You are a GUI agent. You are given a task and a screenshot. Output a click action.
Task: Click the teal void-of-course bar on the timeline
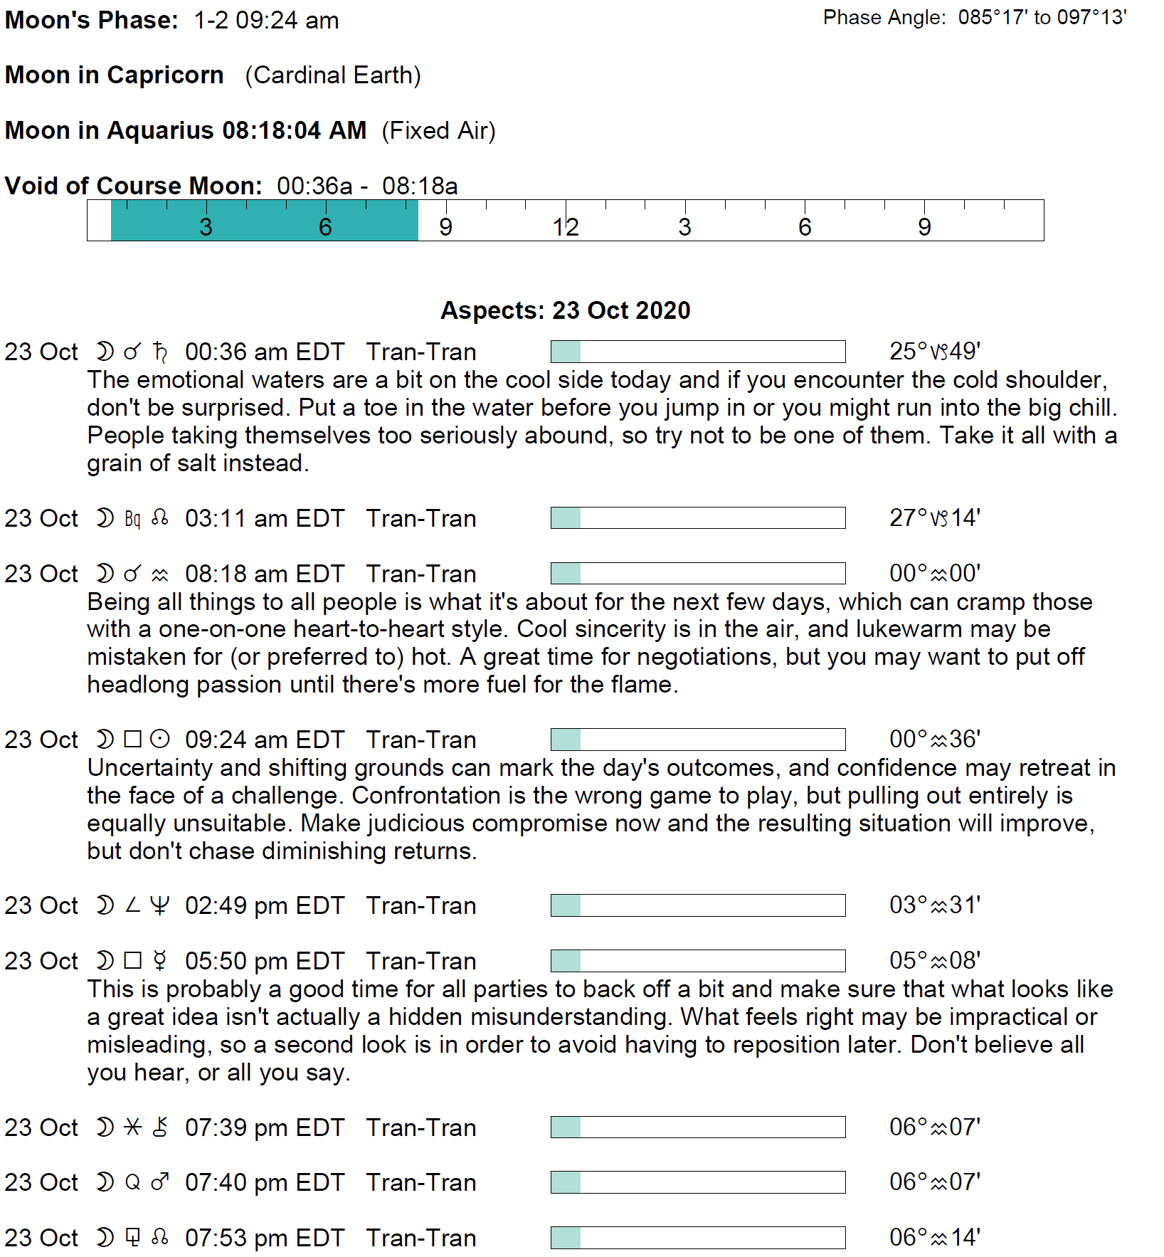[x=264, y=221]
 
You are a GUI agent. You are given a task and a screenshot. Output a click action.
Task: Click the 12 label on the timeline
[x=566, y=227]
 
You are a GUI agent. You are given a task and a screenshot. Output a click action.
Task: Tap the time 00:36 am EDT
[x=265, y=352]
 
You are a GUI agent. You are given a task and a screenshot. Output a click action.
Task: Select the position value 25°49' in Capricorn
[x=935, y=351]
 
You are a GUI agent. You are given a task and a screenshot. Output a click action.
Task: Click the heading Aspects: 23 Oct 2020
[x=566, y=310]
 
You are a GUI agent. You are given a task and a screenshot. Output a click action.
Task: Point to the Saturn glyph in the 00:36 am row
[x=161, y=352]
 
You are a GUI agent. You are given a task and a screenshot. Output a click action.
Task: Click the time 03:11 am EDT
[x=265, y=518]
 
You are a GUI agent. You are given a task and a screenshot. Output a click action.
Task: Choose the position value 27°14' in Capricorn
[x=935, y=517]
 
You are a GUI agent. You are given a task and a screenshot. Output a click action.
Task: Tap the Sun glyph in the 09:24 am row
[x=161, y=740]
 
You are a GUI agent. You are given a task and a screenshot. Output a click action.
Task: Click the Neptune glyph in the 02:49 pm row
[x=161, y=905]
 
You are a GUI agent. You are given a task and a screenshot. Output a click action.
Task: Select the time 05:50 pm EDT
[x=265, y=961]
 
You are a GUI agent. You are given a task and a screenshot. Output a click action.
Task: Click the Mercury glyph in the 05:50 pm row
[x=161, y=961]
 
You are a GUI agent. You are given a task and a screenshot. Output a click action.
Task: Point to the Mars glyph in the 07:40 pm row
[x=161, y=1182]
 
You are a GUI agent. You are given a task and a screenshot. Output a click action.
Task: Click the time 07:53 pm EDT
[x=265, y=1238]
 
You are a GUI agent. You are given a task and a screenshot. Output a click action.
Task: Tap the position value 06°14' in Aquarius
[x=935, y=1237]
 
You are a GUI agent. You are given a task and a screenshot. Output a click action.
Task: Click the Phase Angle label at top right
[x=884, y=18]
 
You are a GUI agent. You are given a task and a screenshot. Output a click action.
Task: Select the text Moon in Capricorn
[x=115, y=75]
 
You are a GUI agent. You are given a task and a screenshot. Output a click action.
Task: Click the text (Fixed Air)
[x=438, y=131]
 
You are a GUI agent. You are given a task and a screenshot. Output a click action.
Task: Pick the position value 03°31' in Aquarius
[x=935, y=905]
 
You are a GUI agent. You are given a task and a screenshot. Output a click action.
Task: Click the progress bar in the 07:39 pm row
[x=698, y=1127]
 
